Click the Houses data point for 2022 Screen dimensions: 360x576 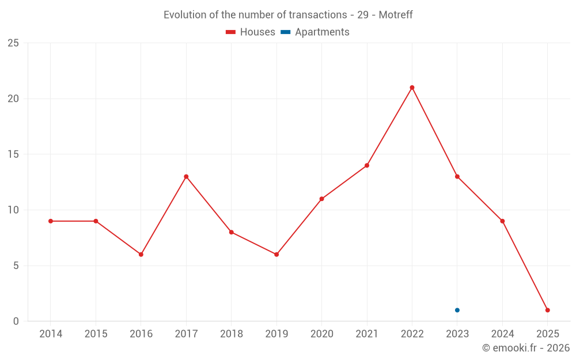412,88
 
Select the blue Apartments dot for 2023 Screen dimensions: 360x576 457,310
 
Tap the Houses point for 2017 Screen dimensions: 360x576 186,176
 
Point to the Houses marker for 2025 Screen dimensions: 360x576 547,310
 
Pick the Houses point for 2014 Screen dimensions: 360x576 51,221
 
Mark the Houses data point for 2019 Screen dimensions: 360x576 276,255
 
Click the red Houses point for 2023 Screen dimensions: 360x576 457,176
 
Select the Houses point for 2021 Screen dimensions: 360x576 367,165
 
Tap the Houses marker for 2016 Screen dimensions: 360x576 141,255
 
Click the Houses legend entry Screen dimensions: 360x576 251,32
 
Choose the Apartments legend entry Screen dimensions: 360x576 315,32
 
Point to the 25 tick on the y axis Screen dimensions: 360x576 13,43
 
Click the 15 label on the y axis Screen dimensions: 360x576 13,154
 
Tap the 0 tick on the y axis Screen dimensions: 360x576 16,321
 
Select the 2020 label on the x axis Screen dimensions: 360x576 321,334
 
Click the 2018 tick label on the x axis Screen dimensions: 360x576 231,334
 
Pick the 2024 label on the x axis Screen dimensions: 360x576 502,334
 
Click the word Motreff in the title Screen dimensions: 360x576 396,15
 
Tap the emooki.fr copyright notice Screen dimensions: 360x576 525,348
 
